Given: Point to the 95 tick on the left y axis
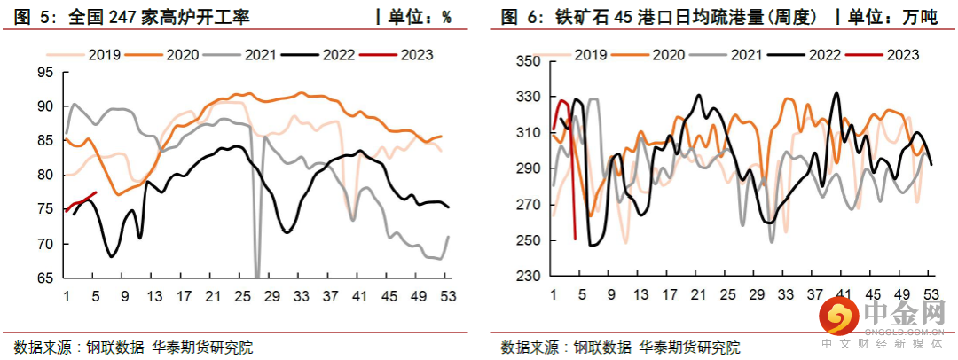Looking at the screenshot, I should pyautogui.click(x=44, y=72).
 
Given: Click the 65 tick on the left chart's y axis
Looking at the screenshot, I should pyautogui.click(x=44, y=278).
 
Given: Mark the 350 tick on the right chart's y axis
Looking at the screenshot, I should pyautogui.click(x=527, y=61).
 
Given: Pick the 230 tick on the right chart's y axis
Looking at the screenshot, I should pyautogui.click(x=527, y=277).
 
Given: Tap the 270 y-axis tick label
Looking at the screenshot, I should pyautogui.click(x=527, y=205).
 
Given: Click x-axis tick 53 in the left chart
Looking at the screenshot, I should pyautogui.click(x=448, y=295).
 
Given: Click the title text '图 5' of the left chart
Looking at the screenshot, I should pyautogui.click(x=28, y=16).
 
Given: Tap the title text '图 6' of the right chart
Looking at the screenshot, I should pyautogui.click(x=516, y=16).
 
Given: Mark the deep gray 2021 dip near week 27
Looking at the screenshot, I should pyautogui.click(x=257, y=275).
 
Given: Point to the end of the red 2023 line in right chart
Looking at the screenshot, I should pyautogui.click(x=576, y=238).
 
